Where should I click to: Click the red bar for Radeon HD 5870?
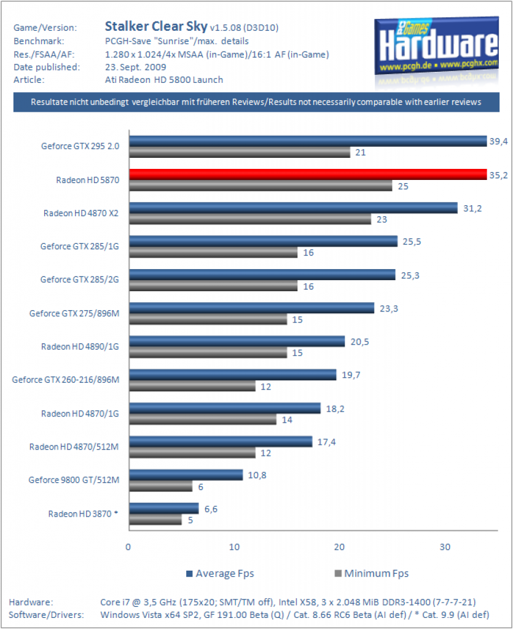coord(308,174)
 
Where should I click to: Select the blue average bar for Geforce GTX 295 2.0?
coord(308,141)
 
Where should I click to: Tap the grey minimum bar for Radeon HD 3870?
coord(155,520)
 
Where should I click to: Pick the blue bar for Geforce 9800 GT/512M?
coord(186,475)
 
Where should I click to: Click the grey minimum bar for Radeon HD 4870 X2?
coord(250,219)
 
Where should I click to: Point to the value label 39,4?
coord(498,141)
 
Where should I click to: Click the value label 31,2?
coord(472,208)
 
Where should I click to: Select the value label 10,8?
coord(257,475)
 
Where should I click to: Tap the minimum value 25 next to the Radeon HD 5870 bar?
coord(403,186)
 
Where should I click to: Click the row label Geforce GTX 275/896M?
coord(74,313)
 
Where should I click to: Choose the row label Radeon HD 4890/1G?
coord(80,346)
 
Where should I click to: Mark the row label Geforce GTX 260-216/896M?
coord(66,380)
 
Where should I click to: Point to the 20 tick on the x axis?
coord(339,547)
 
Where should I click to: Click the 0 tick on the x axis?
coord(128,547)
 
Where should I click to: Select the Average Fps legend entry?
coord(220,574)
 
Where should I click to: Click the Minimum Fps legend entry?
coord(372,574)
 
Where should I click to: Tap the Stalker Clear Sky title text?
coord(156,26)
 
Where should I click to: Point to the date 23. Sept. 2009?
coord(136,67)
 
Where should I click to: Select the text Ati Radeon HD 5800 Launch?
coord(164,80)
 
